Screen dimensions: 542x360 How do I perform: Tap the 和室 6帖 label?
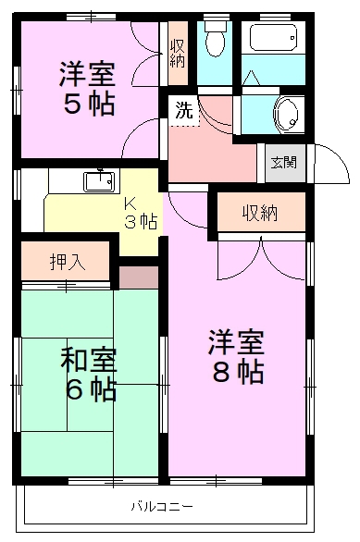pos(90,373)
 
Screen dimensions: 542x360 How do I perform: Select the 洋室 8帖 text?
pos(235,357)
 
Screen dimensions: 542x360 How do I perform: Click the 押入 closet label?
pos(67,261)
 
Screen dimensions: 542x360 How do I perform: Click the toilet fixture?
pos(214,42)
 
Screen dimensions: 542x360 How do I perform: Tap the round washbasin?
pos(287,115)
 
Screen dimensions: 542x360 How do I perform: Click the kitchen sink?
pos(98,180)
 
